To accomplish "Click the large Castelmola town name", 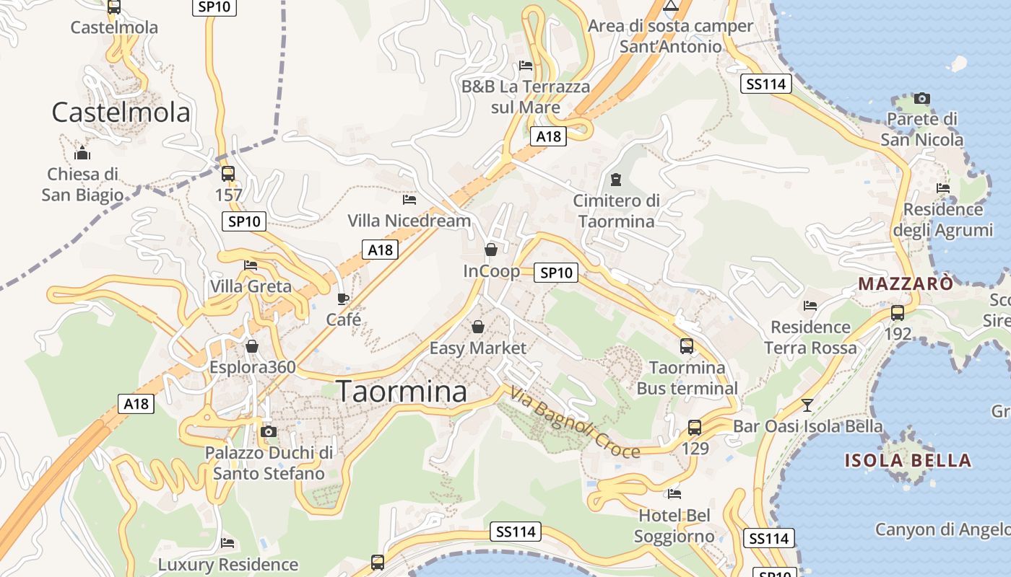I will click(x=121, y=112).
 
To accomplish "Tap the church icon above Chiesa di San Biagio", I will click(x=82, y=153).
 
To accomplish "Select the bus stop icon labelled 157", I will click(x=228, y=174).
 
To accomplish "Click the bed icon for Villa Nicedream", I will click(x=409, y=199).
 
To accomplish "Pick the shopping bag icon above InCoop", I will click(x=491, y=250).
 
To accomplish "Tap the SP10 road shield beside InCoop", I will click(x=556, y=273).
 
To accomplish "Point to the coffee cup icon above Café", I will click(x=343, y=298).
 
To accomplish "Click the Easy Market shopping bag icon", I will click(x=478, y=327).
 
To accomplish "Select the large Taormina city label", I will click(x=402, y=392).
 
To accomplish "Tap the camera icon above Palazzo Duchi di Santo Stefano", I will click(x=269, y=431).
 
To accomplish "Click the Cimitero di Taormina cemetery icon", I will click(x=616, y=179).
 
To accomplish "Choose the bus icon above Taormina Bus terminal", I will click(x=687, y=346).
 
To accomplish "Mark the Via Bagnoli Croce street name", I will click(x=575, y=422).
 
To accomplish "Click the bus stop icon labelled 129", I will click(x=695, y=427).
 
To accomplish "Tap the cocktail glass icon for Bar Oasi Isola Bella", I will click(x=807, y=405).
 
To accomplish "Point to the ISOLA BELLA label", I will click(x=908, y=460).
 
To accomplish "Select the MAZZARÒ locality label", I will click(x=906, y=283).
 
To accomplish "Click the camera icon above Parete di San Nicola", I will click(x=922, y=98).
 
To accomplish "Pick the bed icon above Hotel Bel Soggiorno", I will click(x=674, y=494).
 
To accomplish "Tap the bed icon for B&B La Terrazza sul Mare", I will click(x=526, y=66).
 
